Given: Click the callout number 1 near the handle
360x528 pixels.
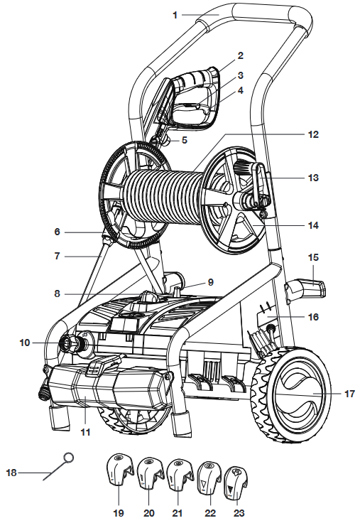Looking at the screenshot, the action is [x=175, y=15].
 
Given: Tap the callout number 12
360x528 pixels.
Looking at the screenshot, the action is [x=313, y=134].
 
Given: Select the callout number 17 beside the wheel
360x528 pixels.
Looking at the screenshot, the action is [x=349, y=394].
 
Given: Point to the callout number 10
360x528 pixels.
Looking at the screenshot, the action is [x=25, y=343].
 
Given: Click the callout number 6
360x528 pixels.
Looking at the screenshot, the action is [x=58, y=232].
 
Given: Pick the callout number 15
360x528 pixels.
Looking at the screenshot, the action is [x=313, y=257].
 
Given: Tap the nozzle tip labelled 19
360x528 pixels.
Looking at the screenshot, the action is [x=119, y=470].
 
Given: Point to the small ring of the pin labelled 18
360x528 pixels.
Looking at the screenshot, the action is [x=68, y=458].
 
